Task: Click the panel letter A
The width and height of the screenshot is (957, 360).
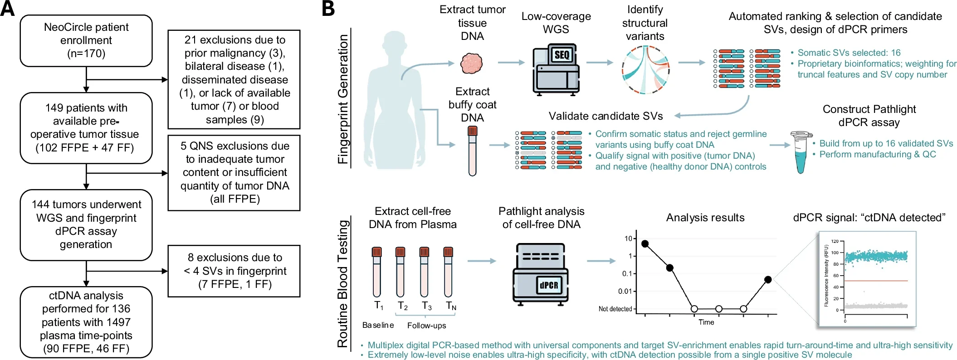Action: [7, 9]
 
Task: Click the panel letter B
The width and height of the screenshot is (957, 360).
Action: [328, 9]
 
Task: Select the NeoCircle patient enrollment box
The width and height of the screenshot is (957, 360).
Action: [86, 41]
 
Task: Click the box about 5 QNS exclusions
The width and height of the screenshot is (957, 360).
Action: [234, 173]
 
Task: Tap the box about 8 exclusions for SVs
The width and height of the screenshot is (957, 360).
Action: [234, 271]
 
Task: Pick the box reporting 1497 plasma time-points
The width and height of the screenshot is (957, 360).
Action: [86, 322]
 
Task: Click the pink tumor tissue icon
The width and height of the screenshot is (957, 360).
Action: [472, 63]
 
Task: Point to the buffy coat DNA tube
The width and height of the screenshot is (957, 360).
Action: [473, 151]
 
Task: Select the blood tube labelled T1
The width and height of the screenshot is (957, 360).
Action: [376, 272]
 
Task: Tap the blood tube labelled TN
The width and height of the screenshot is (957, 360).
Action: [448, 272]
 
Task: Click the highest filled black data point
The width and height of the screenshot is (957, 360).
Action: [645, 244]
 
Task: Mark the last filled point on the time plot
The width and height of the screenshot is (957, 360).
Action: [768, 280]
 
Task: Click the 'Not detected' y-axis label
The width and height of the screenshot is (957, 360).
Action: [615, 309]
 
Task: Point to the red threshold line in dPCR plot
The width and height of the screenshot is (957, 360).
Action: [876, 281]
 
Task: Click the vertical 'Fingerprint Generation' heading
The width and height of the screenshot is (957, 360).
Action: [343, 99]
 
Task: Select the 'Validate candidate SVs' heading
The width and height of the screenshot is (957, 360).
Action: [605, 116]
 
